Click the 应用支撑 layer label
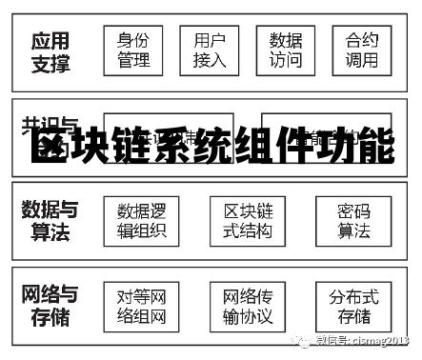[50, 52]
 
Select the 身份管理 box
[133, 50]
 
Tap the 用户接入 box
[209, 50]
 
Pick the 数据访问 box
[285, 50]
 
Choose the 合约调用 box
[362, 50]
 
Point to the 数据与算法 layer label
[50, 220]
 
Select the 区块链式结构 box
[248, 221]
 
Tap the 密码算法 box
[353, 221]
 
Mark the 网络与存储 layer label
[50, 305]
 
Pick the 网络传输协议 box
[248, 306]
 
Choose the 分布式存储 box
[353, 306]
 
